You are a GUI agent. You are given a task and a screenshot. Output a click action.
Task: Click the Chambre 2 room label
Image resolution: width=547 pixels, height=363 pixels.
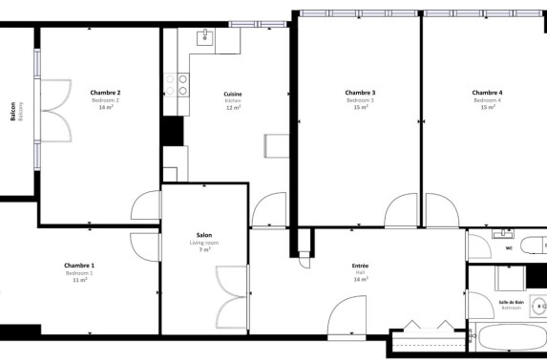tap(105, 93)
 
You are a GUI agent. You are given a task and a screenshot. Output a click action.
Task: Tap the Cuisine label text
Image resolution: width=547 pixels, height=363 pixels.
tap(233, 94)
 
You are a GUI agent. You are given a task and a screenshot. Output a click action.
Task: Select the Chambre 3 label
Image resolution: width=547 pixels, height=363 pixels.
tap(360, 93)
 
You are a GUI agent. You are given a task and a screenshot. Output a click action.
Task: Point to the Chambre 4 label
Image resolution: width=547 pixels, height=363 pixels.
tap(486, 93)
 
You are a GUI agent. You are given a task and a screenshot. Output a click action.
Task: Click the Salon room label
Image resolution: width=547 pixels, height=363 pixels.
tap(204, 235)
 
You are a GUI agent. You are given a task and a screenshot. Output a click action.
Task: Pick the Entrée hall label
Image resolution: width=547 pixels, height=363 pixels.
tap(360, 266)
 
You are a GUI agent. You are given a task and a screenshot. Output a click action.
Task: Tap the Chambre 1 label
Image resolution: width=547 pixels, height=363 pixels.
tap(79, 265)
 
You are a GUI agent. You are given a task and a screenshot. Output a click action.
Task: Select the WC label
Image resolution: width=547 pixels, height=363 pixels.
tap(509, 248)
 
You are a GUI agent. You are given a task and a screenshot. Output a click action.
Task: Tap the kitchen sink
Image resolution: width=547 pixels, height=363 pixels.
tap(205, 37)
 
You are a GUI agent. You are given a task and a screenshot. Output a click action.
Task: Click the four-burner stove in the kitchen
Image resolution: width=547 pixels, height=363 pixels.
tap(178, 84)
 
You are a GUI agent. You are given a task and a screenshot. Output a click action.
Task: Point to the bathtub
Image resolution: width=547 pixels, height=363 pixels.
tap(510, 340)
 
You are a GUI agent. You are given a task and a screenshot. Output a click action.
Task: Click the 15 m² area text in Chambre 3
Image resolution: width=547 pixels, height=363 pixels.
tap(360, 108)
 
